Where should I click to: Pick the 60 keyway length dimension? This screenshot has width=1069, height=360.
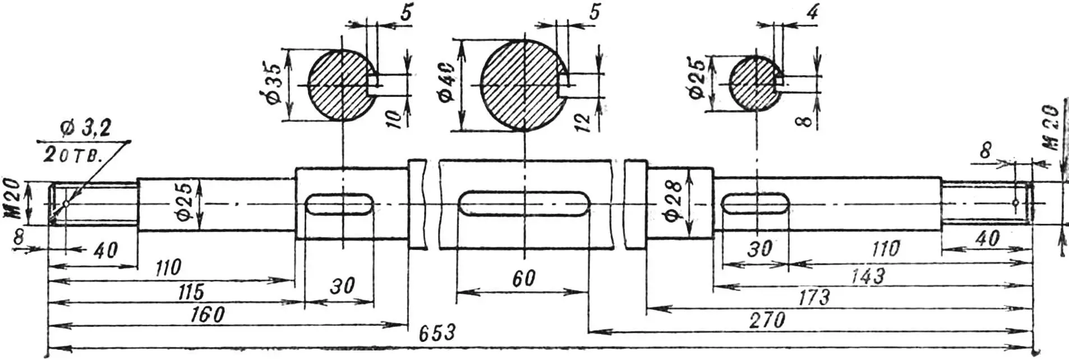pyautogui.click(x=524, y=279)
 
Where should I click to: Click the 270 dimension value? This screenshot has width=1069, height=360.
pyautogui.click(x=767, y=321)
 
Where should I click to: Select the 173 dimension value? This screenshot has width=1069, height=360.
pyautogui.click(x=813, y=297)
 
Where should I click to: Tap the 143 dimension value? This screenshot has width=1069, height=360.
pyautogui.click(x=868, y=275)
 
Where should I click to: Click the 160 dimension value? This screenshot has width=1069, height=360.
pyautogui.click(x=207, y=315)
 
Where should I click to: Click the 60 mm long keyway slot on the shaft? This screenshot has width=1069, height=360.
pyautogui.click(x=523, y=203)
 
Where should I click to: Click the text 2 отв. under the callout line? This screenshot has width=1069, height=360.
pyautogui.click(x=73, y=156)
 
